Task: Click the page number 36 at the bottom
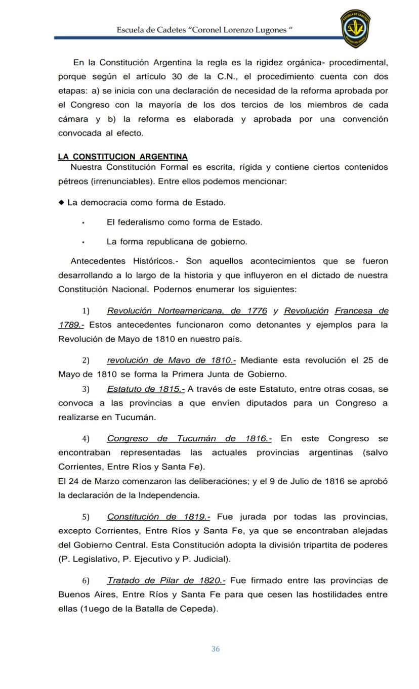click(x=216, y=649)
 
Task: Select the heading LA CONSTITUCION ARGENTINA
click(x=123, y=157)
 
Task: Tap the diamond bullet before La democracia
click(x=61, y=202)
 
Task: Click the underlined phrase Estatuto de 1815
click(x=146, y=389)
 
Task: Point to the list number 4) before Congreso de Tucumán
click(x=86, y=439)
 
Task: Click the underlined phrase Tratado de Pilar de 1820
click(x=166, y=580)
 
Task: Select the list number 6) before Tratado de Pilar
click(x=86, y=581)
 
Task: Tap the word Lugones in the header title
click(x=271, y=30)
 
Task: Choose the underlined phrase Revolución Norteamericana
click(x=165, y=310)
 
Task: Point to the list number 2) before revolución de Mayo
click(x=86, y=360)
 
